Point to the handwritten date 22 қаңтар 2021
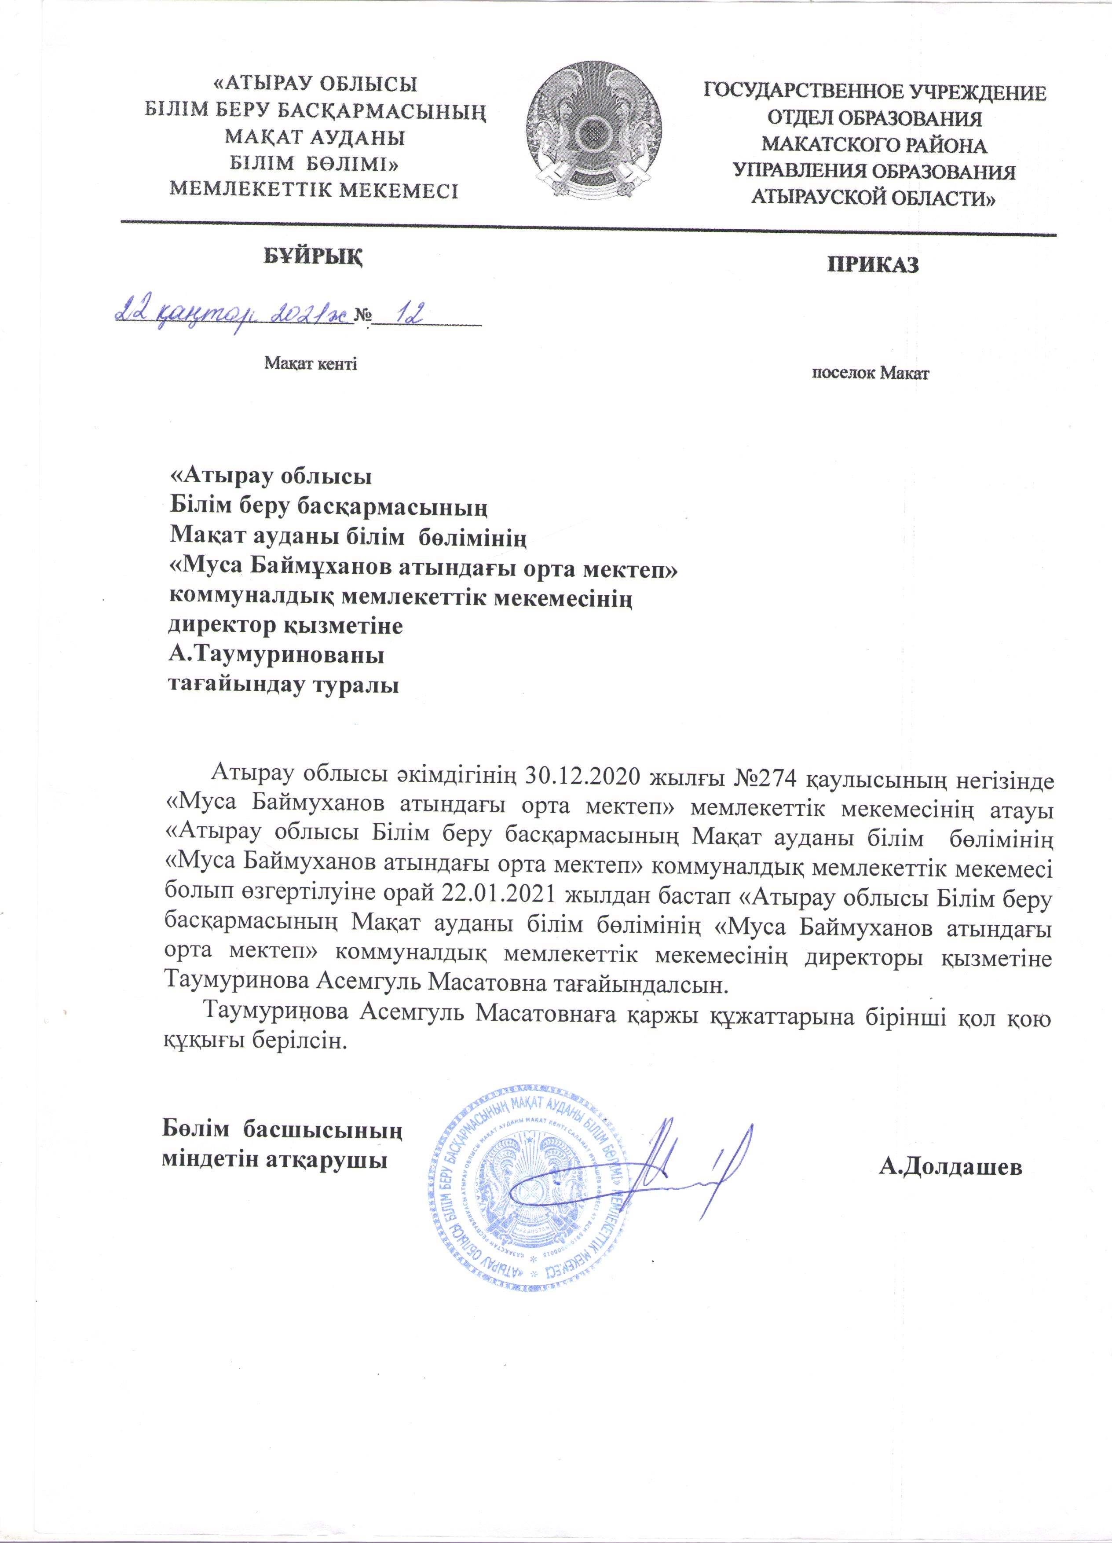coord(233,314)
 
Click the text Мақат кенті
coord(310,364)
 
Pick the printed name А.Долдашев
coord(950,1167)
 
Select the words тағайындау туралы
coord(283,685)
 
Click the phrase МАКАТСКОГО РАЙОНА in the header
coord(874,145)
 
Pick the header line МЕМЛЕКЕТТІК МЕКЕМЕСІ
coord(314,191)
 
